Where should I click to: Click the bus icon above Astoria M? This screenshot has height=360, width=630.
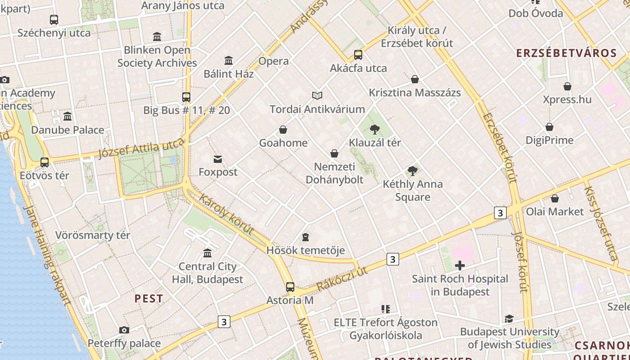pos(290,287)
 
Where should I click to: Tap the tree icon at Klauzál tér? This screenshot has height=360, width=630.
pos(374,130)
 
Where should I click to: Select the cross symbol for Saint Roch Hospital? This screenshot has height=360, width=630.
pos(459,265)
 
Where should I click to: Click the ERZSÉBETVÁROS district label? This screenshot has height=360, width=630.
pos(566,53)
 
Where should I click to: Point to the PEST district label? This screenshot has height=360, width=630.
pos(148,299)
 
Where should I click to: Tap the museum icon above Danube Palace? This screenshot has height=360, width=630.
pos(67,116)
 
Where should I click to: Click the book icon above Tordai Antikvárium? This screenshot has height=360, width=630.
pos(317,95)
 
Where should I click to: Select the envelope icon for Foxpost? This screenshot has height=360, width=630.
pos(218,159)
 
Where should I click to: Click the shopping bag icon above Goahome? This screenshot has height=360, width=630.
pos(283,130)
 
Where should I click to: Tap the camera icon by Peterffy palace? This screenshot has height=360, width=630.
pos(124,330)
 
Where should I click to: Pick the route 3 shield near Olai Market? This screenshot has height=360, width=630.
pos(500,212)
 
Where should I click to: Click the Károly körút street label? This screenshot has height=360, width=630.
pos(226,215)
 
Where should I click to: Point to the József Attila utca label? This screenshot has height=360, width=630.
pos(141,148)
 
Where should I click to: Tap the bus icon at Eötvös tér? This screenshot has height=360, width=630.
pos(45,162)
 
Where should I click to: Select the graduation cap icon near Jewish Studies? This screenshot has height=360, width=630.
pos(509,319)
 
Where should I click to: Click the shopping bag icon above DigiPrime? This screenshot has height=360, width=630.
pos(549,127)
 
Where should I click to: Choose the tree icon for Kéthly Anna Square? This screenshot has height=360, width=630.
pos(412,171)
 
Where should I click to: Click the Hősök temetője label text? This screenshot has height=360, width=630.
pos(306,250)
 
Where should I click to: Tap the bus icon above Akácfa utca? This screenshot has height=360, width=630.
pos(358,55)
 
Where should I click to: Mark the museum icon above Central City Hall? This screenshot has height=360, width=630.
pos(207,253)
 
